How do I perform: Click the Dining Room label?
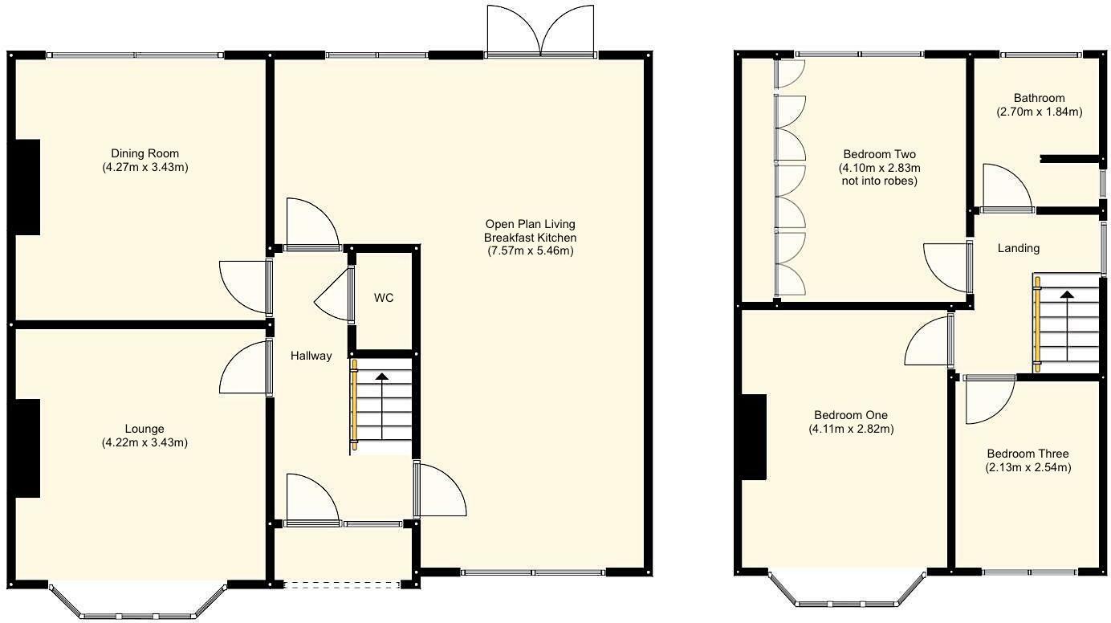coord(144,154)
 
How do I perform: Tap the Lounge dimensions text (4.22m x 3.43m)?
coord(144,442)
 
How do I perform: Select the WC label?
coord(384,298)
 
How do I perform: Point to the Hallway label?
coord(311,356)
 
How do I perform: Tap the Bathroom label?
coord(1038,98)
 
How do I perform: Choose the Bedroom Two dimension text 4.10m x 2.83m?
coord(879,168)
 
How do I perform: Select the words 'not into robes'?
coord(879,181)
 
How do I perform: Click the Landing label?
coord(1018,248)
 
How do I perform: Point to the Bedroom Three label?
coord(1028,454)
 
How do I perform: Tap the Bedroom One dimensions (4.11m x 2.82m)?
coord(851,429)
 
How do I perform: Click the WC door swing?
coord(333,295)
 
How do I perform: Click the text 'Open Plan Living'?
coord(530,224)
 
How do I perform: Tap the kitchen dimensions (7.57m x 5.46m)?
coord(530,251)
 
